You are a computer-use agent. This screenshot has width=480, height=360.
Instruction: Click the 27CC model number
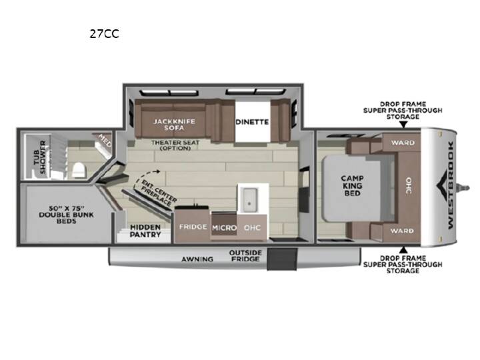click(x=104, y=34)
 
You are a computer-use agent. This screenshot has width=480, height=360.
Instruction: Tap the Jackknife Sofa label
click(x=174, y=125)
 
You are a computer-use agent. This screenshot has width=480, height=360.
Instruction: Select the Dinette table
click(x=252, y=121)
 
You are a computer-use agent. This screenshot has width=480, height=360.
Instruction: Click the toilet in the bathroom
click(x=79, y=170)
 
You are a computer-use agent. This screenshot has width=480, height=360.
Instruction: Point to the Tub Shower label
click(x=40, y=157)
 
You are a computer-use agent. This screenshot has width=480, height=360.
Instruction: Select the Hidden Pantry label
click(x=145, y=231)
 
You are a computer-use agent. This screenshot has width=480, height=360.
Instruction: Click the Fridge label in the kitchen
click(x=193, y=227)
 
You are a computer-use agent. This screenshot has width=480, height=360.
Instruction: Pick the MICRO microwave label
click(x=225, y=228)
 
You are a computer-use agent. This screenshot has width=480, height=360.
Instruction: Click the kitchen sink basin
click(x=249, y=199)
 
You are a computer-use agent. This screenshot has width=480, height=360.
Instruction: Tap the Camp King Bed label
click(x=353, y=185)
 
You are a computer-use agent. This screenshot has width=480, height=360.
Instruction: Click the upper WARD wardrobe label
click(x=403, y=143)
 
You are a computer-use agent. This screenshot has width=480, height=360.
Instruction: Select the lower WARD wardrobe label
click(x=402, y=231)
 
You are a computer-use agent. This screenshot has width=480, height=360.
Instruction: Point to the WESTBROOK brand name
click(x=451, y=185)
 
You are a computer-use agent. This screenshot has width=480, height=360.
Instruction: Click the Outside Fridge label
click(x=245, y=256)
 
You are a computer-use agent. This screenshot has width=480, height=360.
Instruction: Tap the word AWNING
click(x=197, y=259)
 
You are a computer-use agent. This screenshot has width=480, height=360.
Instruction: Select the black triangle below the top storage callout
click(x=403, y=124)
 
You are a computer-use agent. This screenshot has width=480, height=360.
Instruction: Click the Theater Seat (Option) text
click(x=175, y=145)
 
